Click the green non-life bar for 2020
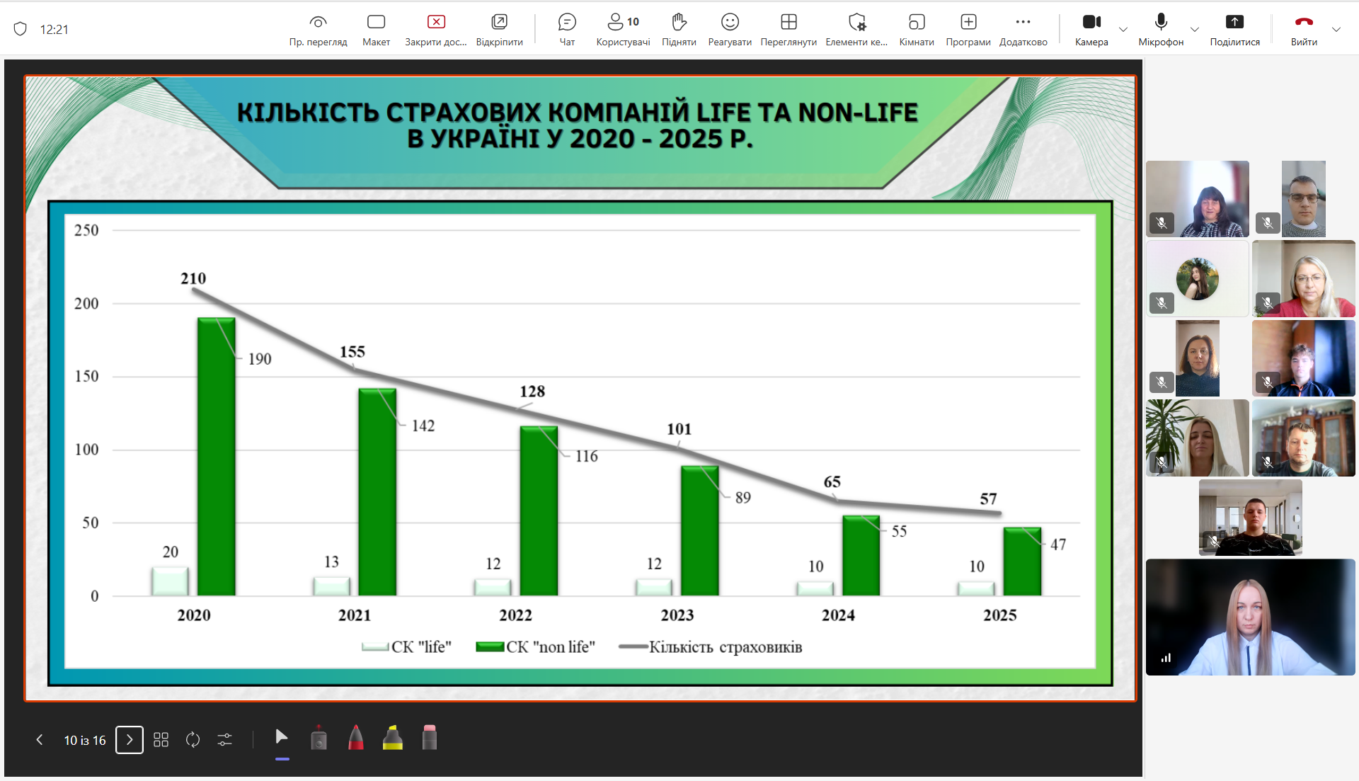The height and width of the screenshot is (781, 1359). pyautogui.click(x=216, y=457)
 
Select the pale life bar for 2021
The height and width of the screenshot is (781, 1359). pyautogui.click(x=331, y=586)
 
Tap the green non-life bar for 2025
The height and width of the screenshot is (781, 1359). pyautogui.click(x=1022, y=561)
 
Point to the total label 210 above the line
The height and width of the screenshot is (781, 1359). pyautogui.click(x=193, y=278)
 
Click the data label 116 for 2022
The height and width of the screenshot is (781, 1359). pyautogui.click(x=586, y=456)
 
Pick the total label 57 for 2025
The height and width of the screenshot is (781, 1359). pyautogui.click(x=988, y=498)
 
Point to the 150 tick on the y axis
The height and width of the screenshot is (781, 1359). pyautogui.click(x=86, y=376)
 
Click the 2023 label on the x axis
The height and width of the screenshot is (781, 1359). pyautogui.click(x=677, y=615)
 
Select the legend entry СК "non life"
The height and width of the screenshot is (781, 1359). pyautogui.click(x=535, y=646)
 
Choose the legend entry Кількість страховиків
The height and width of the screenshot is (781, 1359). pyautogui.click(x=710, y=646)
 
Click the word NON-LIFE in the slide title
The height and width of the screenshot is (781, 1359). pyautogui.click(x=858, y=113)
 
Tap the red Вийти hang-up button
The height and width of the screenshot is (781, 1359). pyautogui.click(x=1304, y=22)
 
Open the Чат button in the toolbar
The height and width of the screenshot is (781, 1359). pyautogui.click(x=567, y=29)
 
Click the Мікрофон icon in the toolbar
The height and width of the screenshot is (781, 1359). pyautogui.click(x=1161, y=21)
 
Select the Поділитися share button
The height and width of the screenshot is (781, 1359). pyautogui.click(x=1234, y=29)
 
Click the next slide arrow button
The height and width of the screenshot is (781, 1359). pyautogui.click(x=130, y=740)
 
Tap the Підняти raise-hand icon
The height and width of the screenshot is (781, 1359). pyautogui.click(x=679, y=22)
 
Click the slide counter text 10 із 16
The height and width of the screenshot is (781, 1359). pyautogui.click(x=85, y=740)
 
